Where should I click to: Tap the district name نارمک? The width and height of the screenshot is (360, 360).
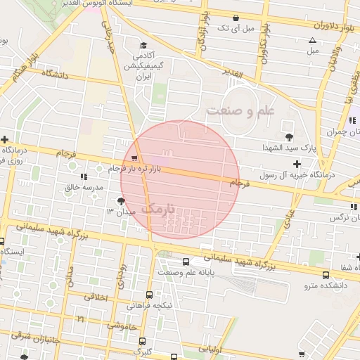(x=167, y=209)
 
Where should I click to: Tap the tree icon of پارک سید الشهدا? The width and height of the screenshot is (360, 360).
(x=288, y=136)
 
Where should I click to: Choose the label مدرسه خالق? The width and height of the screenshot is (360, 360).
(x=84, y=187)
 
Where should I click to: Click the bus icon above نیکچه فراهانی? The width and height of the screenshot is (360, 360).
(x=150, y=295)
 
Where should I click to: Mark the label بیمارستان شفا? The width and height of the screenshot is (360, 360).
(x=349, y=268)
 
